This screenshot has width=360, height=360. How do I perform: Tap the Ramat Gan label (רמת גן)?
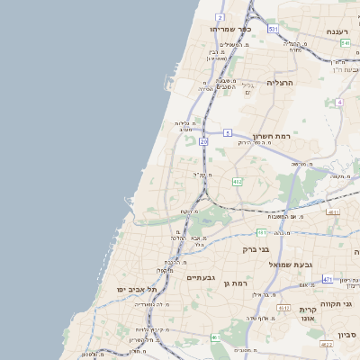pos(236,283)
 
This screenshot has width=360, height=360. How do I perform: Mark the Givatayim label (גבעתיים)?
pos(199,278)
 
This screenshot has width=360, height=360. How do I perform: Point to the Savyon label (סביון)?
pos(347,335)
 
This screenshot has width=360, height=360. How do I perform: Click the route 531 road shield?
pos(273,30)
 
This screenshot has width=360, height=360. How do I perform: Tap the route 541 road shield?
pos(345,42)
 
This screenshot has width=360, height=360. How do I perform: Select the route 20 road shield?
pos(204,141)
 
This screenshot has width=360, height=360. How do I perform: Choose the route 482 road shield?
pos(237,182)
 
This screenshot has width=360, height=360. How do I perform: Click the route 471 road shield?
pos(328,279)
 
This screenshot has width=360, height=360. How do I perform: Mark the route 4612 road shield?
pos(283,308)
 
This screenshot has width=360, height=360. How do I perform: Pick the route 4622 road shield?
pos(327,344)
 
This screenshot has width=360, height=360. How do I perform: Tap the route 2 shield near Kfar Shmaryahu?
pos(220,17)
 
